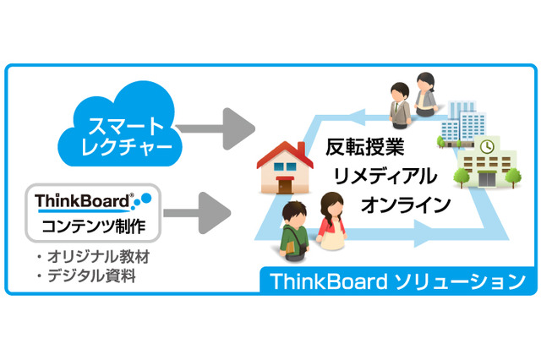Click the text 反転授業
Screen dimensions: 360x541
[x=364, y=147]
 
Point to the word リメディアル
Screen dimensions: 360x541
[x=385, y=176]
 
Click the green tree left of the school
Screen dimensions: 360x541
[x=464, y=174]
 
